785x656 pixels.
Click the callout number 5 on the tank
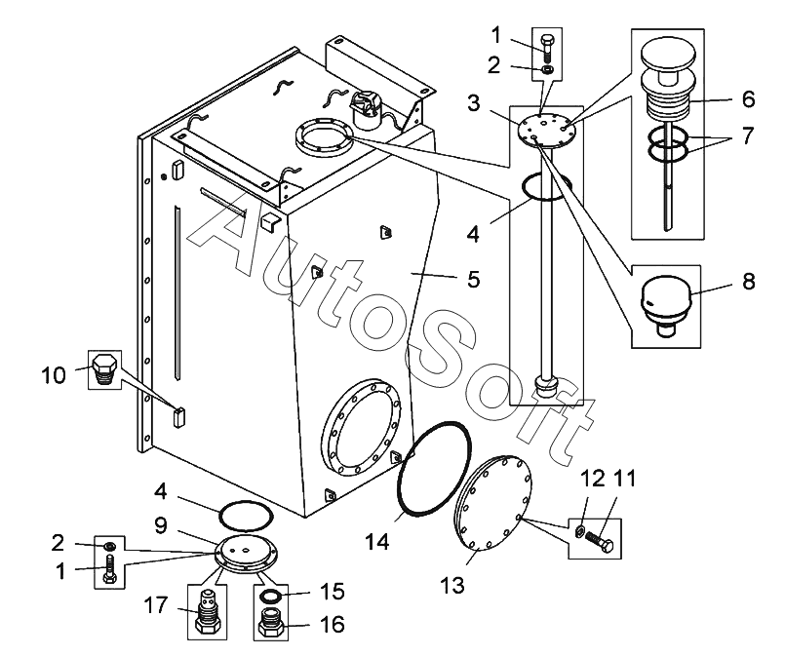pos(473,280)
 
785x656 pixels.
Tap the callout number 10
pos(53,373)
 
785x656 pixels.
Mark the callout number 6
pos(748,98)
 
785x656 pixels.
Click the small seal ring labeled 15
pos(271,597)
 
